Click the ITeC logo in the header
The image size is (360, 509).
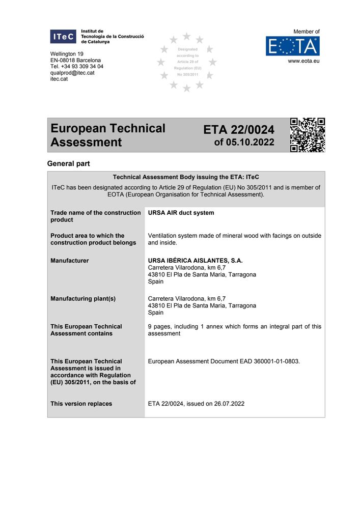pos(63,37)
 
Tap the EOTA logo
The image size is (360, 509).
pos(292,46)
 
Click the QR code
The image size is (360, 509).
pos(307,135)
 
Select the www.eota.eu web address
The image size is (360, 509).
pos(303,61)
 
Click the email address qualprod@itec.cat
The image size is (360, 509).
pos(72,73)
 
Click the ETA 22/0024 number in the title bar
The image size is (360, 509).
pos(238,130)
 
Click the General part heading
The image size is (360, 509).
pos(68,164)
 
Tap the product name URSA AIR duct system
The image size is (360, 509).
pos(181,213)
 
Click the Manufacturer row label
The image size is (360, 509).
pos(69,261)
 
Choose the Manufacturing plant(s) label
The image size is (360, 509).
pos(83,299)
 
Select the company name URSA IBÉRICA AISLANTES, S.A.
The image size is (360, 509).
pos(195,261)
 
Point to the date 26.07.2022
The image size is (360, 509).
pos(227,404)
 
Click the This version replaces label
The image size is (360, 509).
pos(81,404)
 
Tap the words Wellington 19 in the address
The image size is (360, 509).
pos(67,54)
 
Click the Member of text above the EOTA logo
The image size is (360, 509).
pos(307,32)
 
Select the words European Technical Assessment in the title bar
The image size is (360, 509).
pos(108,135)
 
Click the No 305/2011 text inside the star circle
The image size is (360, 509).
pos(187,74)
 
